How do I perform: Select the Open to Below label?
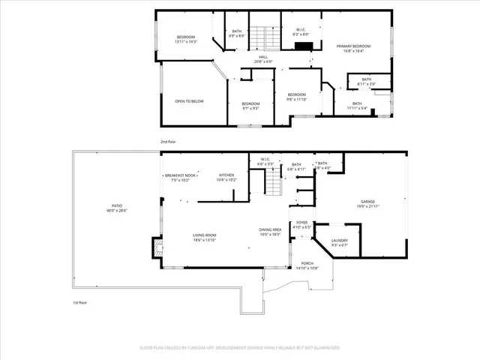pos(189,101)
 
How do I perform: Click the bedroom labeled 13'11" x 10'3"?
pos(186,40)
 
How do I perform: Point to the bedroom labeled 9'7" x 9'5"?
pos(250,106)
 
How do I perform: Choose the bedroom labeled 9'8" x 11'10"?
pos(297,96)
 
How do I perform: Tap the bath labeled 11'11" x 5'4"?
pos(357,106)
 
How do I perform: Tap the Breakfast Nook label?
pos(178,178)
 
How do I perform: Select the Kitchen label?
pos(226,178)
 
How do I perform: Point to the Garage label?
pos(367,203)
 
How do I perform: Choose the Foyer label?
pos(301,224)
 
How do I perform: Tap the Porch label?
pos(307,265)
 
